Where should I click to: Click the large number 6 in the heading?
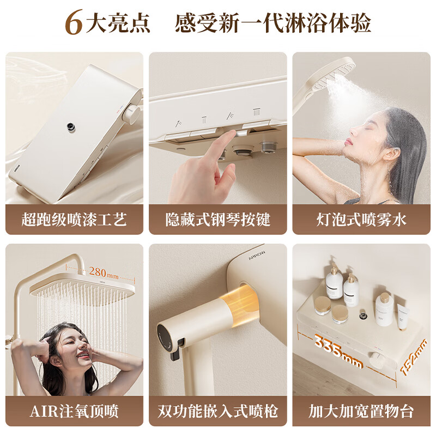point(75,22)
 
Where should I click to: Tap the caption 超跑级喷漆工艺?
point(74,220)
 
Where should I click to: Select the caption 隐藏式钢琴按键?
point(218,220)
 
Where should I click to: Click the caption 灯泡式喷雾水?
point(361,220)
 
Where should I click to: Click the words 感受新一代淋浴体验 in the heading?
point(272,23)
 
